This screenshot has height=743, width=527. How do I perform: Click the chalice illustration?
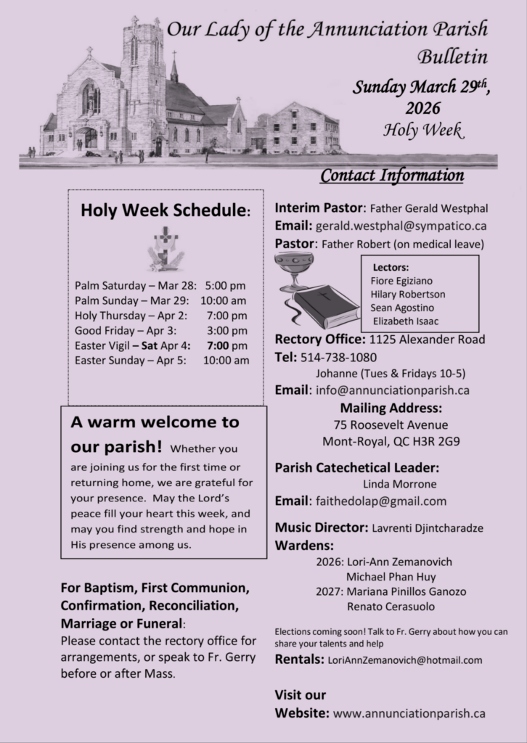coord(293,270)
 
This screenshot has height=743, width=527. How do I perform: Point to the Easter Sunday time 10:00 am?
coord(226,360)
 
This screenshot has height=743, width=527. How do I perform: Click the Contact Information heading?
coord(392,176)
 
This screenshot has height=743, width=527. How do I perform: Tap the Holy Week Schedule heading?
coord(166,210)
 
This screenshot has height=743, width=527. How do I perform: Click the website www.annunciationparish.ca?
coord(409,713)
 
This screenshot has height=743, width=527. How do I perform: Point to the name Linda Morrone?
coord(396,484)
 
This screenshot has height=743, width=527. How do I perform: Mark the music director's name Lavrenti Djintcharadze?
coord(428,528)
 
